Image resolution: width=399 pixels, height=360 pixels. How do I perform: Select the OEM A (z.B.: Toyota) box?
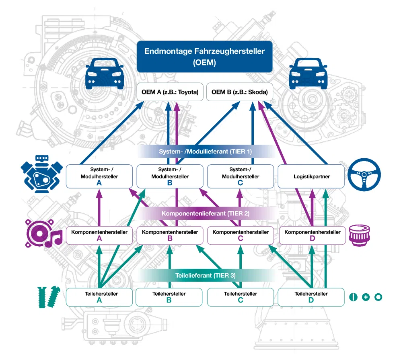coord(169,92)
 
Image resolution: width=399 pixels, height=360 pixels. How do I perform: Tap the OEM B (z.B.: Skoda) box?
coord(240,92)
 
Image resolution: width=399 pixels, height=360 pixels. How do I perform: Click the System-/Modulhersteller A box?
coord(99,176)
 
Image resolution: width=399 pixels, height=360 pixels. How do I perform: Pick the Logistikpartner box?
coord(311,176)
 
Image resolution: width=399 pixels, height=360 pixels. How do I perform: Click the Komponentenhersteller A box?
coord(99,235)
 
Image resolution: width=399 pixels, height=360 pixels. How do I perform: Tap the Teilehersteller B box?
coord(169,297)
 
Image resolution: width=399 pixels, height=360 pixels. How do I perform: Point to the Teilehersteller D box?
coord(311,297)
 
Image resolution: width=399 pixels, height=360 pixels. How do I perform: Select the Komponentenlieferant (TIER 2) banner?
coord(205,213)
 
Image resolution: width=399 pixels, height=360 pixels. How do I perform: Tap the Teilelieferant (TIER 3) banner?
coord(205,276)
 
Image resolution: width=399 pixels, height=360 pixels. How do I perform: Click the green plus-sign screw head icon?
coord(366,297)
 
